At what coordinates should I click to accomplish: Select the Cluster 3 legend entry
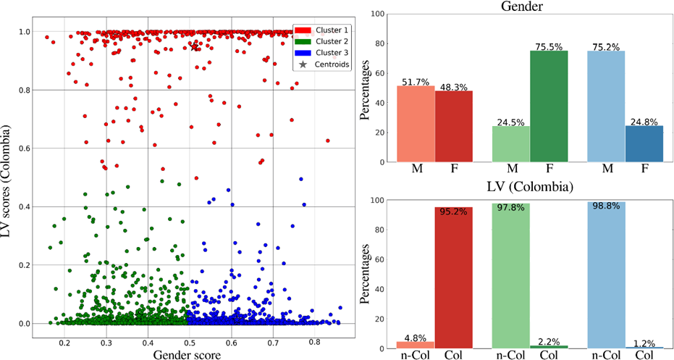pos(325,53)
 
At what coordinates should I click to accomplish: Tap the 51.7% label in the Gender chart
pos(416,82)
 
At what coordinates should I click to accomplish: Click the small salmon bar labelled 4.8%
pos(416,345)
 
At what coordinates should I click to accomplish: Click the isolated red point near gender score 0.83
pos(327,141)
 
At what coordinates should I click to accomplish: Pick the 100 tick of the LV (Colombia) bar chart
pos(381,201)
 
